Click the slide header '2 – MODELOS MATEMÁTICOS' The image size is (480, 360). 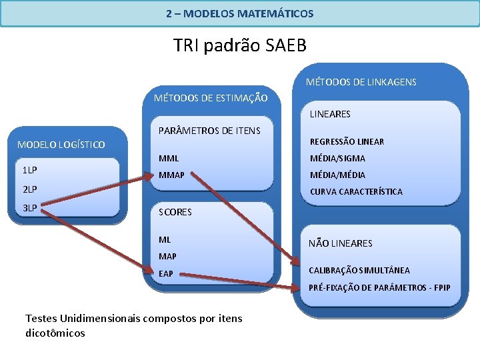pyautogui.click(x=239, y=13)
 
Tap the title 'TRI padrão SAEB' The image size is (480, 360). pyautogui.click(x=239, y=45)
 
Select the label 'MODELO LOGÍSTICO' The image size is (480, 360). pyautogui.click(x=61, y=144)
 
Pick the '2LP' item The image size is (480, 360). pyautogui.click(x=30, y=189)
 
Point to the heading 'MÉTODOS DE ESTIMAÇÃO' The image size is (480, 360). pyautogui.click(x=211, y=98)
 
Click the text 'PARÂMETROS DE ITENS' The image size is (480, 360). pyautogui.click(x=209, y=130)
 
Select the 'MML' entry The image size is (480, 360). pyautogui.click(x=169, y=158)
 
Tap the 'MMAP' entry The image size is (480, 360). pyautogui.click(x=171, y=175)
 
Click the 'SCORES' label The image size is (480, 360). pyautogui.click(x=175, y=212)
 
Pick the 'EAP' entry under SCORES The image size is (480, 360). pyautogui.click(x=166, y=273)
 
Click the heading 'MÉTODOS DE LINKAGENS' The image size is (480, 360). pyautogui.click(x=361, y=82)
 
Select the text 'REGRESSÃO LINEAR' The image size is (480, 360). pyautogui.click(x=347, y=141)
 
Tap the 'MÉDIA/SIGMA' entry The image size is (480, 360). pyautogui.click(x=337, y=159)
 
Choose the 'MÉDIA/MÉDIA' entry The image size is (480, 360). pyautogui.click(x=337, y=175)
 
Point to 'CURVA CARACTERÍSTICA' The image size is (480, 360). pyautogui.click(x=356, y=192)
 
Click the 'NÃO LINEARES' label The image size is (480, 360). pyautogui.click(x=340, y=243)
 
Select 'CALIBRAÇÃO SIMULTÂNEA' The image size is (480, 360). pyautogui.click(x=359, y=270)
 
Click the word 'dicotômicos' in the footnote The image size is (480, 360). pyautogui.click(x=55, y=333)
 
